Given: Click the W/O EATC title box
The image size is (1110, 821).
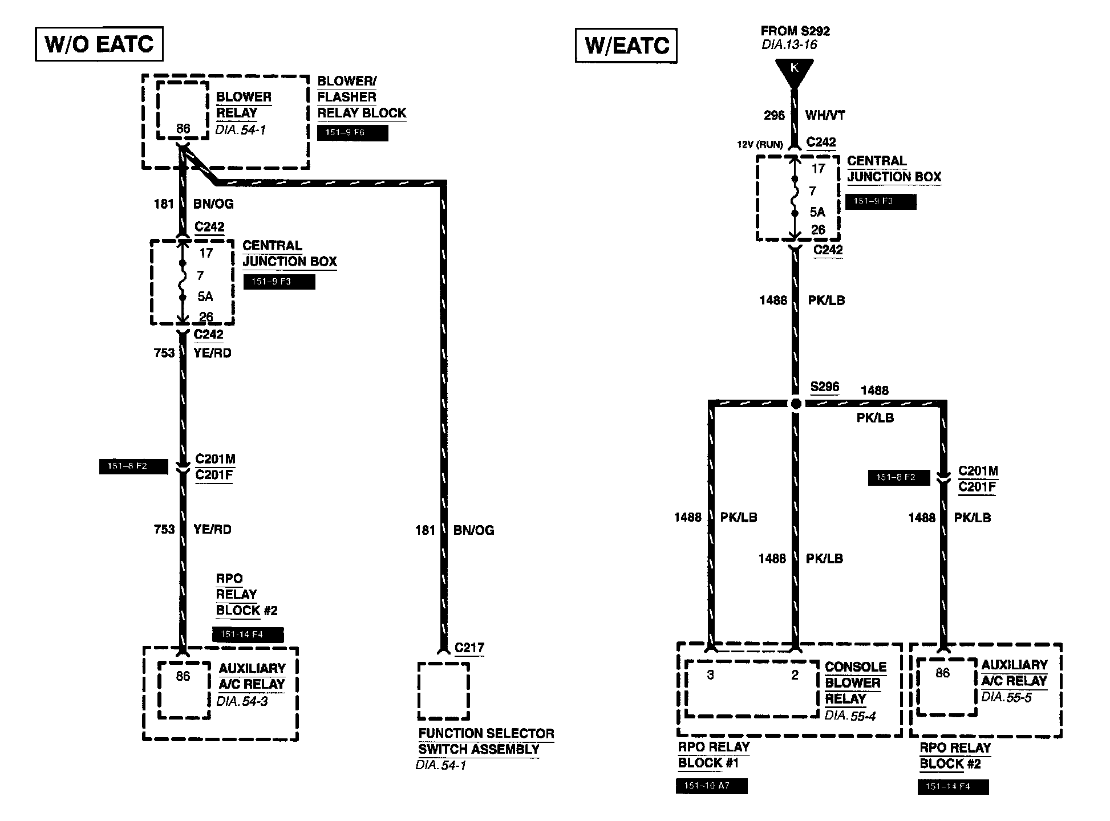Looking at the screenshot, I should (99, 44).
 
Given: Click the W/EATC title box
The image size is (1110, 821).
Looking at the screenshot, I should (626, 46).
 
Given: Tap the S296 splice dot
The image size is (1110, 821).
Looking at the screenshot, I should (795, 404).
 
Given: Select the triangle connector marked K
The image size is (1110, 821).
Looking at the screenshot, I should (794, 72).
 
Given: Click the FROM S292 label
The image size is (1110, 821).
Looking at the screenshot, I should (795, 31).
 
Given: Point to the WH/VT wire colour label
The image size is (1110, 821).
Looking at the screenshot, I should (825, 115).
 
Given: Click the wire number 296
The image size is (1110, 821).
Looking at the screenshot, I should (774, 115).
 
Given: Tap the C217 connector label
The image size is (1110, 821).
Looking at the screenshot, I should (469, 648).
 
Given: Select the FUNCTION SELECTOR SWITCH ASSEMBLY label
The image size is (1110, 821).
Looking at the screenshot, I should (486, 741).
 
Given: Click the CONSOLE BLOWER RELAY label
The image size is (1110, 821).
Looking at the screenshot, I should (855, 682).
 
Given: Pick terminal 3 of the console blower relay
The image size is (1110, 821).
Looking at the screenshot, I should (710, 675).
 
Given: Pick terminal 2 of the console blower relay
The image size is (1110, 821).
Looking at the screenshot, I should (795, 675).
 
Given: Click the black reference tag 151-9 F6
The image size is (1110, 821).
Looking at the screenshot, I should (353, 133).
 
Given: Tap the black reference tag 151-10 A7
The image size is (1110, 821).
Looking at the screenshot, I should (711, 786).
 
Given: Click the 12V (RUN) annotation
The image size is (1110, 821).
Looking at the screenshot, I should (760, 145).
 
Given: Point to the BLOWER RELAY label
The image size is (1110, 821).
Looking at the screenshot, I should (244, 105).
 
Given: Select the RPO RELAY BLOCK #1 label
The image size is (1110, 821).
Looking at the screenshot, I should (714, 755).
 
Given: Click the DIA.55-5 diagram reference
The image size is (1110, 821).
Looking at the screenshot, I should (1006, 697).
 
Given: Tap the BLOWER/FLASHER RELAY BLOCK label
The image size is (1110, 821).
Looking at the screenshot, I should (361, 97).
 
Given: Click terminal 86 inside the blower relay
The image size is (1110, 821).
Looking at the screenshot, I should (183, 129).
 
